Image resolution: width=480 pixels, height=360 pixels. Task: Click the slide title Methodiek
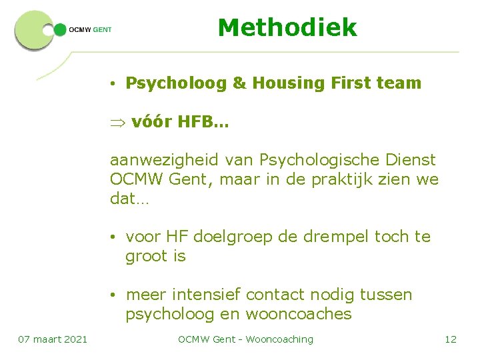pyautogui.click(x=287, y=28)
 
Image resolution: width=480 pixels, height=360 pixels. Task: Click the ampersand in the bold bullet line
pyautogui.click(x=239, y=83)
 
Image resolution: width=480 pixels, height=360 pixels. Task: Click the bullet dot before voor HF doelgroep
pyautogui.click(x=115, y=237)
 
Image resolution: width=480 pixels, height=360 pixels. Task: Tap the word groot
pyautogui.click(x=147, y=256)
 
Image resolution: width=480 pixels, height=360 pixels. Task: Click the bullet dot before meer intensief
pyautogui.click(x=115, y=295)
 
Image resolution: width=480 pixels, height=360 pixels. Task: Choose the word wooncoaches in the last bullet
pyautogui.click(x=299, y=314)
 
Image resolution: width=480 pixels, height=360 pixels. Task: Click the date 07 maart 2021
pyautogui.click(x=53, y=339)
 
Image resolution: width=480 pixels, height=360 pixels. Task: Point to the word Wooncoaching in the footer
pyautogui.click(x=279, y=339)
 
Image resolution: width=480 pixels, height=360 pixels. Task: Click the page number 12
pyautogui.click(x=451, y=339)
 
